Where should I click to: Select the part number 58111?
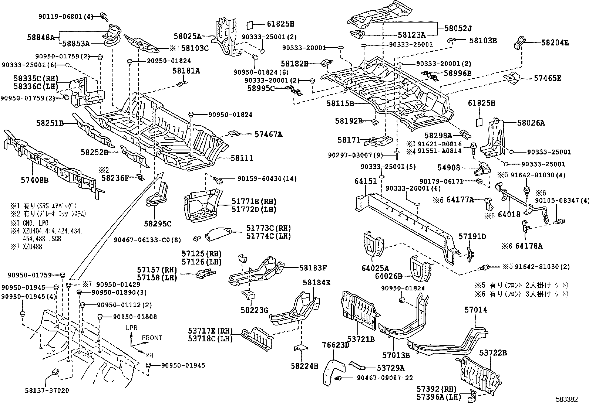[x=242, y=158]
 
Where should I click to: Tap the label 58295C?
[x=158, y=224]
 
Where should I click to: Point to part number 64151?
[x=366, y=181]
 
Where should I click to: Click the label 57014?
[x=476, y=310]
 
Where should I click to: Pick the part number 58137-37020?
[x=47, y=390]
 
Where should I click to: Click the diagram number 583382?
[x=567, y=399]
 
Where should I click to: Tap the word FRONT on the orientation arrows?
[x=152, y=338]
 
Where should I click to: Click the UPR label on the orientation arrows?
[x=131, y=328]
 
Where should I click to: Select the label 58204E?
[x=555, y=42]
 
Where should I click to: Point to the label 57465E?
[x=548, y=78]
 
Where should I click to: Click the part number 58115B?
[x=340, y=103]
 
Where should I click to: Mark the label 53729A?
[x=391, y=368]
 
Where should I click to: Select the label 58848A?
[x=41, y=37]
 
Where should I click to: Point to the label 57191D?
[x=472, y=236]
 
